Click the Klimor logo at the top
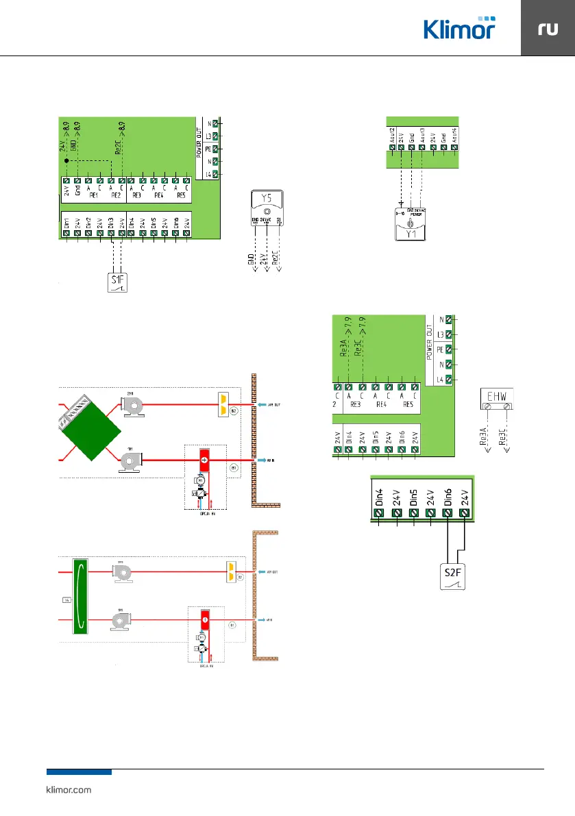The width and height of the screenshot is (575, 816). (458, 28)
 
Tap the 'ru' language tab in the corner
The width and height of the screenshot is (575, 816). (548, 29)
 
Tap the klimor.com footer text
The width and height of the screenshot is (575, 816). (68, 790)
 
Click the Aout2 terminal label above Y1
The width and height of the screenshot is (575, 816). (392, 135)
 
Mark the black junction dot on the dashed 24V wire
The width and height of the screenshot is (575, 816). (66, 160)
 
